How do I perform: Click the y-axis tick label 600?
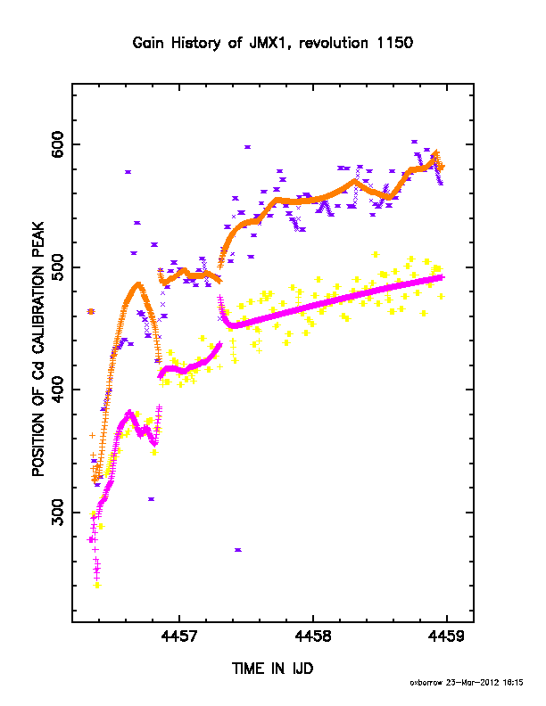click(x=58, y=144)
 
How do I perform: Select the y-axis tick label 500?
click(x=58, y=267)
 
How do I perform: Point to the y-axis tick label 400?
click(x=58, y=390)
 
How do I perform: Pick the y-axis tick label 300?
click(x=58, y=513)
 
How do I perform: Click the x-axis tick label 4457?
click(x=178, y=636)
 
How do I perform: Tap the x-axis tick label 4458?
click(x=312, y=636)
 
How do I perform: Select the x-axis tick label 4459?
click(x=446, y=636)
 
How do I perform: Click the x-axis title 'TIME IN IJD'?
click(x=272, y=669)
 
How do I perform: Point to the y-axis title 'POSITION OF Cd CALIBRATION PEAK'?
click(x=38, y=349)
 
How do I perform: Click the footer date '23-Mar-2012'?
click(x=472, y=683)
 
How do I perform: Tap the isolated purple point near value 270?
click(x=238, y=550)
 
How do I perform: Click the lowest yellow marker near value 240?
click(x=97, y=586)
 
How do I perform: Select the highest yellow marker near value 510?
click(x=376, y=255)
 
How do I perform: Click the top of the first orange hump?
click(x=138, y=283)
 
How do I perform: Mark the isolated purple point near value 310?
click(x=152, y=499)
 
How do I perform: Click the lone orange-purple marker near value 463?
click(x=91, y=312)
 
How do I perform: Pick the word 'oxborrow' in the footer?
click(x=426, y=683)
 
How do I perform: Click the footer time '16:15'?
click(x=513, y=683)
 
